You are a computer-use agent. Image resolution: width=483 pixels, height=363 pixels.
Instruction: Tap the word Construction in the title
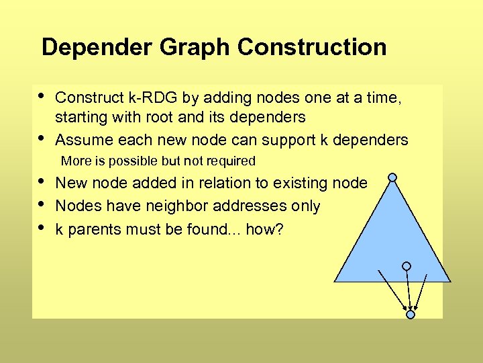coord(312,48)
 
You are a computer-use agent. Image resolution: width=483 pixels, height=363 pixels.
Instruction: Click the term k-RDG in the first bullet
coord(154,98)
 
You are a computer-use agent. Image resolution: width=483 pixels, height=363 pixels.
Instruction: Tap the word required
coord(231,161)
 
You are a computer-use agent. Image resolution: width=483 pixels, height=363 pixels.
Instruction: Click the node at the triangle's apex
coord(392,178)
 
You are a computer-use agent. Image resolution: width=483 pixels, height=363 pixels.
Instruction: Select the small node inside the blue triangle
coord(406,266)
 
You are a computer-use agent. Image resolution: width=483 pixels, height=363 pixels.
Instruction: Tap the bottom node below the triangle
coord(411,314)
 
